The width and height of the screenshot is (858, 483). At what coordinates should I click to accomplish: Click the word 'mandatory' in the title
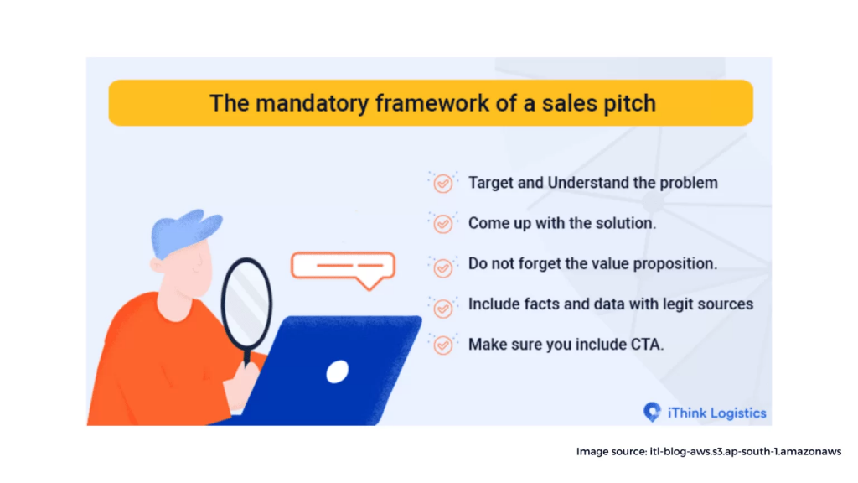click(x=313, y=103)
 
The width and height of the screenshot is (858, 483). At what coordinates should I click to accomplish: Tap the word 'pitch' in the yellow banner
click(x=630, y=104)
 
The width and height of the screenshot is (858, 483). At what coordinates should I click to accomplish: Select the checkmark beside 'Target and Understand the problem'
click(x=442, y=183)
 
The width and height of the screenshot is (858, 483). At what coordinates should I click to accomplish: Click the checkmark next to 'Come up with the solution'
click(x=442, y=223)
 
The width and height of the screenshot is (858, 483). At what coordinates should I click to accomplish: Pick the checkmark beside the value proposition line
click(x=442, y=267)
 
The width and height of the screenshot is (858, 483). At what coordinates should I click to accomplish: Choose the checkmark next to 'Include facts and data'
click(x=442, y=309)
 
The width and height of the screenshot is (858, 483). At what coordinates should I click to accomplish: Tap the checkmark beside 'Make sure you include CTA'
click(x=442, y=345)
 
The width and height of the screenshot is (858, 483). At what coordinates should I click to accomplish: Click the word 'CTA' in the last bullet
click(x=648, y=345)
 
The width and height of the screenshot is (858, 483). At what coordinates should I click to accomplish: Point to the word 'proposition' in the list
click(x=675, y=264)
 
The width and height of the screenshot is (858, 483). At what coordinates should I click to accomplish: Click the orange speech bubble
click(x=343, y=269)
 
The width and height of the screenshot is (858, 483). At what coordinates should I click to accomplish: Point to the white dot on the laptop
click(x=337, y=371)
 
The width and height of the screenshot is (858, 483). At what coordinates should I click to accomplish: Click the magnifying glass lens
click(x=247, y=303)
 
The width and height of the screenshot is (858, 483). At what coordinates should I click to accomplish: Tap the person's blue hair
click(x=185, y=232)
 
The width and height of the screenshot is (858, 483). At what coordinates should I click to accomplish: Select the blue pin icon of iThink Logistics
click(x=652, y=412)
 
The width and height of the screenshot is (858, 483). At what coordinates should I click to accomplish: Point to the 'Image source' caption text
click(x=709, y=452)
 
